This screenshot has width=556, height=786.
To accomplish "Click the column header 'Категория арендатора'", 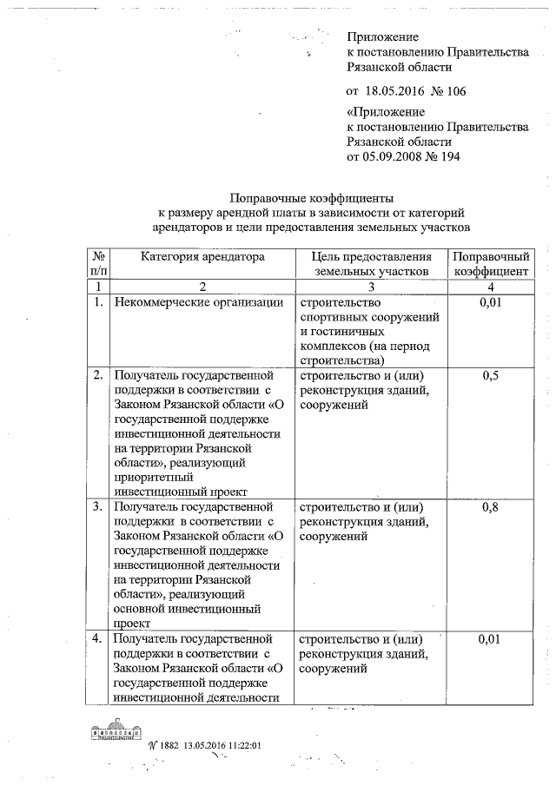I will (x=202, y=257).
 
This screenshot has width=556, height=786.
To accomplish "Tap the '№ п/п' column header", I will (x=98, y=264).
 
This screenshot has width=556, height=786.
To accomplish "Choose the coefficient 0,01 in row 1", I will (x=490, y=302).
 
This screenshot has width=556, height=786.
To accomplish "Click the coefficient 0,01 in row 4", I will (x=490, y=639).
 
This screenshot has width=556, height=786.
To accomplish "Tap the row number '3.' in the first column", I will (x=98, y=506).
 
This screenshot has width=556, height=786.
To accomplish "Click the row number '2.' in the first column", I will (x=98, y=375).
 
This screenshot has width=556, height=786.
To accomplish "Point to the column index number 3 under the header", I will (x=370, y=286).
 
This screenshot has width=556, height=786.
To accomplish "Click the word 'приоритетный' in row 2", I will (x=152, y=475).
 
